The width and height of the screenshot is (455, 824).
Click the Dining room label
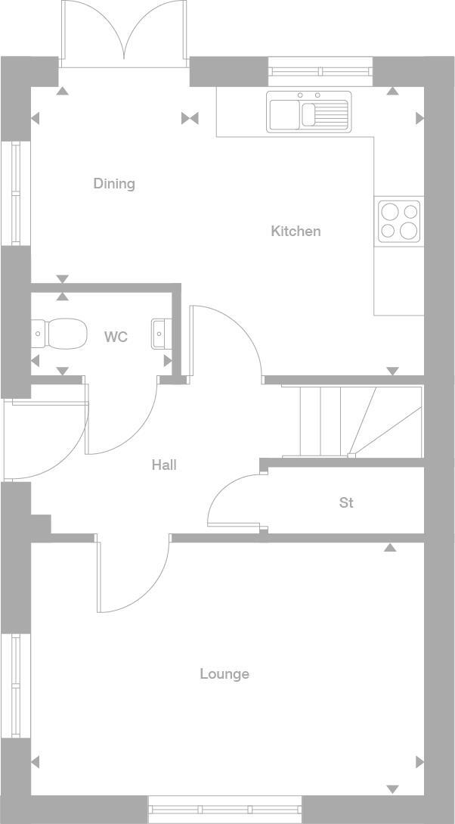pyautogui.click(x=114, y=183)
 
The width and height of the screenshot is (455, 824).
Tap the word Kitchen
pyautogui.click(x=296, y=231)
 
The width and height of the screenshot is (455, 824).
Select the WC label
pyautogui.click(x=116, y=337)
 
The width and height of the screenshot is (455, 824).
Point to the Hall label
pyautogui.click(x=164, y=465)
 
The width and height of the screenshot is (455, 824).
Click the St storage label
pyautogui.click(x=346, y=502)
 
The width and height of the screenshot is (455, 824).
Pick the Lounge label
pyautogui.click(x=224, y=673)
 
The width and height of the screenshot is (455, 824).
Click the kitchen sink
pyautogui.click(x=309, y=111)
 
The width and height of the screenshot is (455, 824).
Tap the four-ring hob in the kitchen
pyautogui.click(x=399, y=220)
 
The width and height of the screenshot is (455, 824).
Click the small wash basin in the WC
pyautogui.click(x=159, y=334)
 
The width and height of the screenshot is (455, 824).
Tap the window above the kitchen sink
pyautogui.click(x=320, y=72)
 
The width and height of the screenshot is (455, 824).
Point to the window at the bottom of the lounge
pyautogui.click(x=224, y=810)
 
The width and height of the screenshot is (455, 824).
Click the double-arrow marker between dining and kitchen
pyautogui.click(x=190, y=118)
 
